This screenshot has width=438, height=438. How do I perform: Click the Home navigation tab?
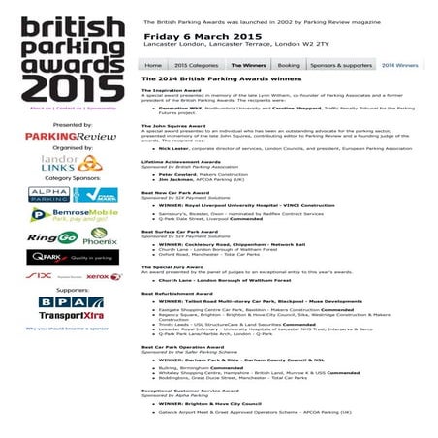tap(153, 65)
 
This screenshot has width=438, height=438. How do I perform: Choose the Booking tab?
tap(289, 65)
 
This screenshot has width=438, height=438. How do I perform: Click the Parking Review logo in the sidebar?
tap(58, 137)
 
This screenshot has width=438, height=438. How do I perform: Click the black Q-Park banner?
tap(59, 257)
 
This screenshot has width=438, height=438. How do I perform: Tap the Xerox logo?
tap(98, 276)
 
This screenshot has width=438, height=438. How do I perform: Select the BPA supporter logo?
tap(59, 301)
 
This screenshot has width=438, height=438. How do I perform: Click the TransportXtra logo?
tap(59, 315)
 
